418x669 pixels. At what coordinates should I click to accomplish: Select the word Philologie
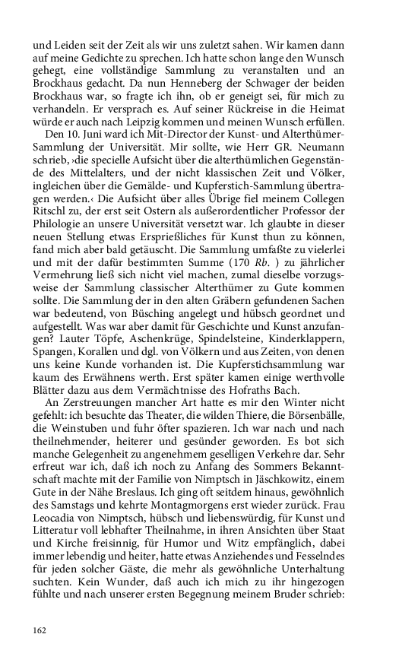coord(62,216)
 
